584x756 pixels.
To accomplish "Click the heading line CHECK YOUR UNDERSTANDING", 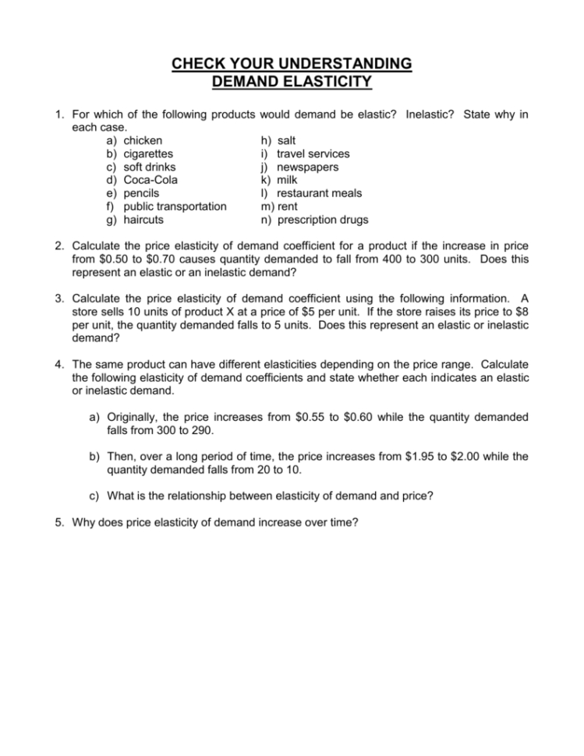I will [x=292, y=63].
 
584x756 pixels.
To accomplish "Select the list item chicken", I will [x=143, y=140].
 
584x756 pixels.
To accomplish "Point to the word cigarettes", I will [x=148, y=154].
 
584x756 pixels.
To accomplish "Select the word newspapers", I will [x=308, y=167].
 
